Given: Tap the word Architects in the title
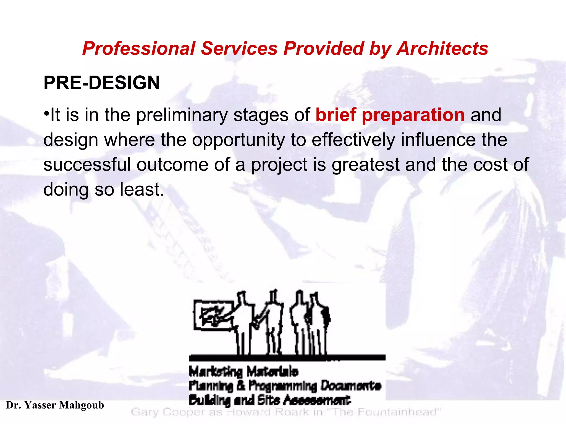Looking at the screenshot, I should coord(442,49).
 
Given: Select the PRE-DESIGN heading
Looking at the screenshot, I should coord(102,83).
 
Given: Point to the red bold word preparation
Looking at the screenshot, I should coord(413,115).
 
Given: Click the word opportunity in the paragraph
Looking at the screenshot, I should coord(238,140).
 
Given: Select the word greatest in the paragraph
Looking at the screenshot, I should coord(365,165).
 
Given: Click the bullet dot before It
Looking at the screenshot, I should coord(46,113).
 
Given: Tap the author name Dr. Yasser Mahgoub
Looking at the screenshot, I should coord(55,405).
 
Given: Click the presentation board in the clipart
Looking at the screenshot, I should coord(213,315).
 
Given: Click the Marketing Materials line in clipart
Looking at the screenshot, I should coord(243,372).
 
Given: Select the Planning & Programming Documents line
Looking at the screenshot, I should coord(285,386).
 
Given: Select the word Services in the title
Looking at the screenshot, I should coord(239,49).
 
